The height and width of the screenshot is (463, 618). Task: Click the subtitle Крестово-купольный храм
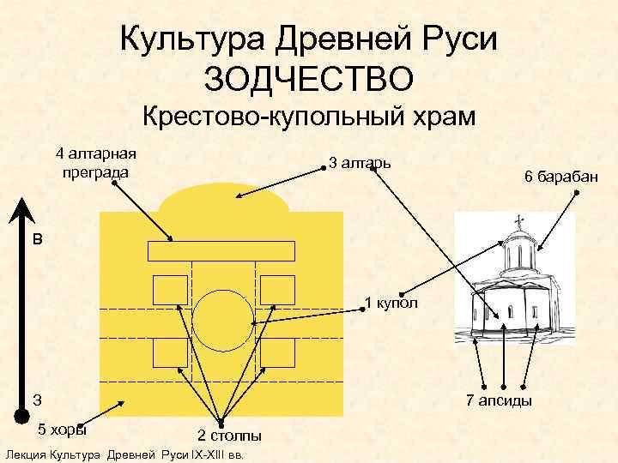(308, 117)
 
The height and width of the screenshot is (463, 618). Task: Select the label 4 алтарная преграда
(95, 163)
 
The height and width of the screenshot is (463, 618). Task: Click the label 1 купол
(391, 303)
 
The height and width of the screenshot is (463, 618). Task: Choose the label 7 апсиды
(498, 400)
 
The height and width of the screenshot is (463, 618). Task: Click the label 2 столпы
(229, 436)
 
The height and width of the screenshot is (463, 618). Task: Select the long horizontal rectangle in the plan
(221, 251)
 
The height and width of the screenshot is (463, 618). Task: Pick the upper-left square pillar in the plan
(170, 289)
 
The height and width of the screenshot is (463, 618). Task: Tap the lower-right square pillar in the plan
(276, 352)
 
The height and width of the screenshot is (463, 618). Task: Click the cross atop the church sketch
(518, 220)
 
